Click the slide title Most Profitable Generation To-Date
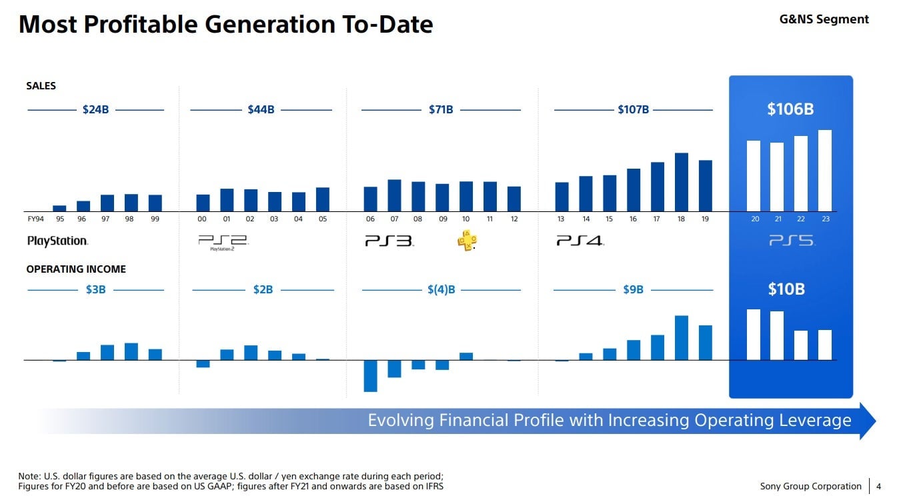(225, 24)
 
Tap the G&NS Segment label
(824, 19)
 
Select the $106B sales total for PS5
(790, 109)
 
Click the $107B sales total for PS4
(633, 109)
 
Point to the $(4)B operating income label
(441, 290)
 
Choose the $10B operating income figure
(786, 289)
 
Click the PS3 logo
(389, 241)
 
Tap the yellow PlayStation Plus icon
(467, 241)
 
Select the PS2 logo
(223, 241)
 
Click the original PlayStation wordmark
(57, 241)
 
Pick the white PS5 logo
(791, 241)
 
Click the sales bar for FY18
(681, 182)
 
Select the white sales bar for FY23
(824, 171)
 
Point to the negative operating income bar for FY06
(370, 376)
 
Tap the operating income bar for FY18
(681, 338)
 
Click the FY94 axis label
(35, 219)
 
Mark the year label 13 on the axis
(561, 219)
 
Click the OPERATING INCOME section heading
(76, 269)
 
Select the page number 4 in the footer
(878, 486)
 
